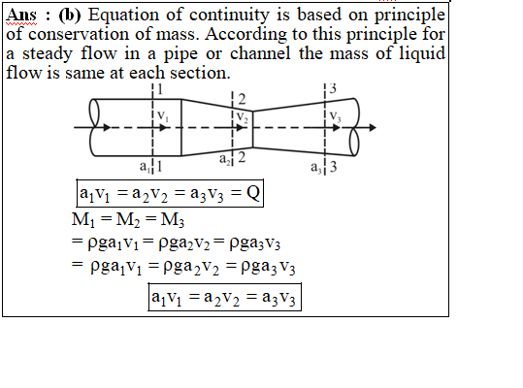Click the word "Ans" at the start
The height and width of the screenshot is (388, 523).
[x=21, y=16]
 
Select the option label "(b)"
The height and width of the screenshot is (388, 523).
[x=70, y=16]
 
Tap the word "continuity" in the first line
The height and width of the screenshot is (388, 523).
[x=229, y=15]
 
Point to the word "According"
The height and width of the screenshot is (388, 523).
[x=245, y=35]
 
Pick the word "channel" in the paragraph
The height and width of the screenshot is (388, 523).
[x=260, y=53]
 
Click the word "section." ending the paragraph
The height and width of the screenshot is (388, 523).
[x=200, y=73]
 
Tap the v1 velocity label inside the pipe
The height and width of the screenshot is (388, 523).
[x=163, y=116]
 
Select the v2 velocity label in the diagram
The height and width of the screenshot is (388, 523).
[x=243, y=117]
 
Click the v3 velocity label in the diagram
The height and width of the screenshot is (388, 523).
[x=335, y=116]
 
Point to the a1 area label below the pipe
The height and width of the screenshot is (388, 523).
[x=145, y=166]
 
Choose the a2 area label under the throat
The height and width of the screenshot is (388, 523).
[x=225, y=159]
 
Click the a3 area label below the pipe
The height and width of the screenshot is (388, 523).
[x=316, y=167]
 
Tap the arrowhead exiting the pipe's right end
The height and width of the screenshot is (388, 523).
[x=373, y=127]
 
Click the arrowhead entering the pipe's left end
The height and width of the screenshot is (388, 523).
[x=107, y=127]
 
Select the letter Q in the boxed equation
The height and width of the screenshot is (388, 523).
[x=253, y=193]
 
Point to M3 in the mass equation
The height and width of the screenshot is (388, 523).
[x=172, y=220]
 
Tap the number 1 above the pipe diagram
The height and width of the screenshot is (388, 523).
[x=160, y=89]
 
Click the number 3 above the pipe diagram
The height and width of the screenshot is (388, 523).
[x=333, y=88]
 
